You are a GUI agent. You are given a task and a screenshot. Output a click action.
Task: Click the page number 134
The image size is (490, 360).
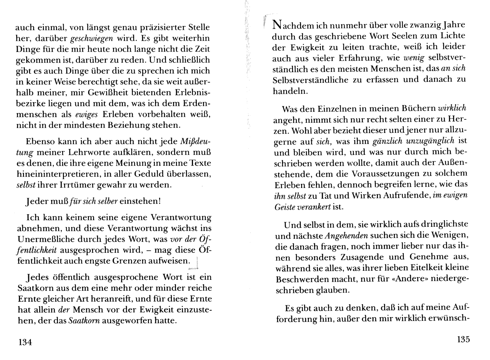click(x=23, y=342)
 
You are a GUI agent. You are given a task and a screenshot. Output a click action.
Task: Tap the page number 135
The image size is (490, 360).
click(x=463, y=339)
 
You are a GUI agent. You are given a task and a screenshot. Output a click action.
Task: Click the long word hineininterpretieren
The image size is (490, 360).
click(x=63, y=174)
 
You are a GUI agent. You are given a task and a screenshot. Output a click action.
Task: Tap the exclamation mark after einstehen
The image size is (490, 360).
click(x=160, y=201)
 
